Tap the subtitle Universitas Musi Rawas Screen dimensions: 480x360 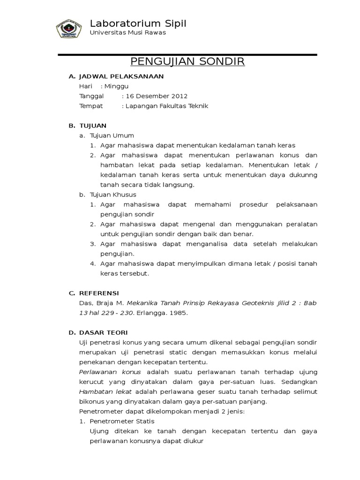point(127,33)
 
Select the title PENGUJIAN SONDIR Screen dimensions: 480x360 point(187,62)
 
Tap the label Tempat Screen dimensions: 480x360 point(91,106)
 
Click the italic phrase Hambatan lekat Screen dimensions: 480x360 point(105,391)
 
